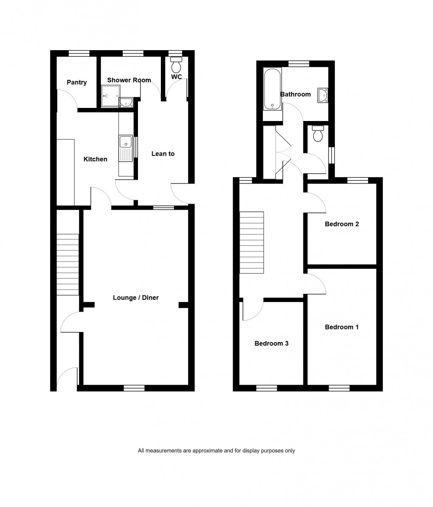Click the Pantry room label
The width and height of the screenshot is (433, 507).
click(76, 82)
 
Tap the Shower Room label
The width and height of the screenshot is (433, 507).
click(129, 80)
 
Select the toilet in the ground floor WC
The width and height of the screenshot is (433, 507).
click(176, 66)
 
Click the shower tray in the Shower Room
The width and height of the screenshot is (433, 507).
click(110, 96)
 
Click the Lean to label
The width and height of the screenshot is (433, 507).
click(163, 154)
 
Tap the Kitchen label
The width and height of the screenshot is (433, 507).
click(95, 159)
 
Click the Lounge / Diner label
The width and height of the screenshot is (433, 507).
click(135, 298)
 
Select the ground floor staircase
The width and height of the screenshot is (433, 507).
click(68, 264)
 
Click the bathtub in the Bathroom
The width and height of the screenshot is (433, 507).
click(272, 89)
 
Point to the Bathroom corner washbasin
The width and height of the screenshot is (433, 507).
click(323, 95)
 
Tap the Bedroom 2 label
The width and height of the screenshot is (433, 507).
click(342, 224)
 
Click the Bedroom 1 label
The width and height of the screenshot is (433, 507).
click(342, 327)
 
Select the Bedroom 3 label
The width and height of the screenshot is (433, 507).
click(271, 343)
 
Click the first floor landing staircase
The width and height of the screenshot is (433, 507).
click(251, 243)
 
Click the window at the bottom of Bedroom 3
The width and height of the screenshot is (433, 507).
click(267, 388)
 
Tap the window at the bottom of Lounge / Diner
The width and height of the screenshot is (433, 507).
click(134, 388)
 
